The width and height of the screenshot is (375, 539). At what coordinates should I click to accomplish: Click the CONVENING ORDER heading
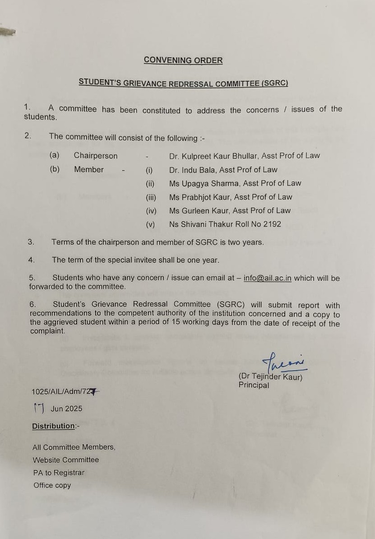pyautogui.click(x=183, y=60)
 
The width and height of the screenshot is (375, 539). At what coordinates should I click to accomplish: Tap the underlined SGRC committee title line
pyautogui.click(x=183, y=83)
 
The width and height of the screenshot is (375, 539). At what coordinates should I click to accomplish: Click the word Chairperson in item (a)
pyautogui.click(x=96, y=156)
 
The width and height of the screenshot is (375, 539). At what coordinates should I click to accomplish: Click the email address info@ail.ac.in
pyautogui.click(x=267, y=278)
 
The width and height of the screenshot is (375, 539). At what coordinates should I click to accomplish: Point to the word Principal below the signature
pyautogui.click(x=254, y=385)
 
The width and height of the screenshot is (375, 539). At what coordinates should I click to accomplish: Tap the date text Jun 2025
pyautogui.click(x=66, y=409)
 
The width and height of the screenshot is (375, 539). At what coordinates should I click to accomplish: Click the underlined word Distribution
pyautogui.click(x=53, y=426)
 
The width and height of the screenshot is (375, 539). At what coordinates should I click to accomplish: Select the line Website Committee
pyautogui.click(x=66, y=460)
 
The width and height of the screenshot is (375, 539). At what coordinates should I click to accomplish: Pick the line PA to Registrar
pyautogui.click(x=59, y=473)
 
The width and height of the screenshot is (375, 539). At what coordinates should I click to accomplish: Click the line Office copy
pyautogui.click(x=52, y=485)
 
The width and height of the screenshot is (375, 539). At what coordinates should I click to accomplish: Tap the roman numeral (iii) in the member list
pyautogui.click(x=151, y=197)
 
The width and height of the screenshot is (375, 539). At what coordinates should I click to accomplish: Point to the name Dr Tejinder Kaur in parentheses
pyautogui.click(x=271, y=377)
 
